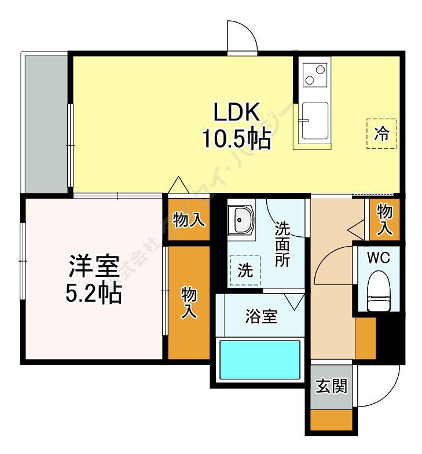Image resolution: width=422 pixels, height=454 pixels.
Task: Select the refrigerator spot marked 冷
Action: (381, 134)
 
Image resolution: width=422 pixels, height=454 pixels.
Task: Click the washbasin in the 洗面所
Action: (240, 219)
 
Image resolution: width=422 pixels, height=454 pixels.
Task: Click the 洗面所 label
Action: (282, 244)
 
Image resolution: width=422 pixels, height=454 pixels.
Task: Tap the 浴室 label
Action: (261, 317)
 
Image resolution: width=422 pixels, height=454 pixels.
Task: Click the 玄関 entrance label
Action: (331, 386)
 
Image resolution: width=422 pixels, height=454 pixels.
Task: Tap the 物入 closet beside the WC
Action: (384, 219)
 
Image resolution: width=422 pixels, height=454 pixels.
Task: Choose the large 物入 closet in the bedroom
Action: (189, 303)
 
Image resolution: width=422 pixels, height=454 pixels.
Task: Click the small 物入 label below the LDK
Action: (189, 219)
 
